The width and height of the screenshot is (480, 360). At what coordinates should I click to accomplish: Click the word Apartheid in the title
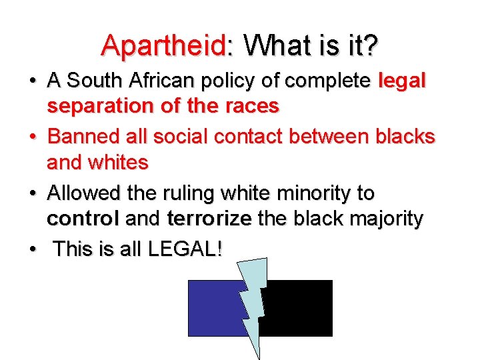(163, 45)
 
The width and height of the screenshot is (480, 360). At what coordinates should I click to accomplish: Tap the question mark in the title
(371, 45)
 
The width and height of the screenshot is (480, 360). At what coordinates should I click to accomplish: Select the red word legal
(401, 81)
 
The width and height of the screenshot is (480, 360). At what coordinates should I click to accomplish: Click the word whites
(117, 162)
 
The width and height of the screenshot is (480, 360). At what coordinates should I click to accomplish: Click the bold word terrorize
(209, 219)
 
